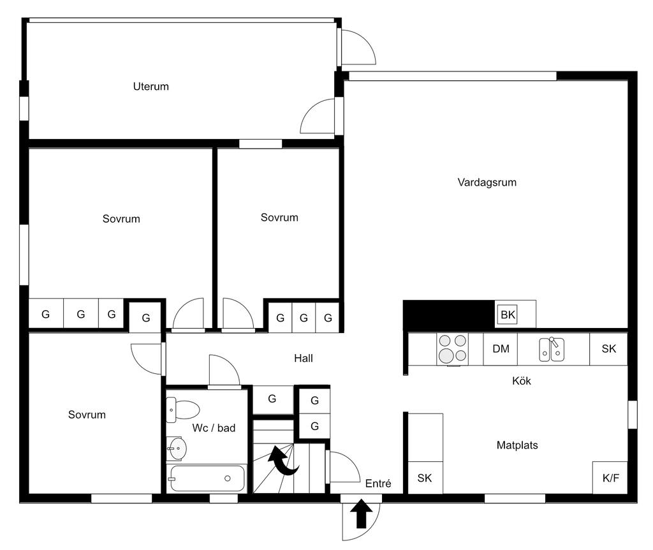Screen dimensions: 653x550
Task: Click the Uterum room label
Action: pos(150,87)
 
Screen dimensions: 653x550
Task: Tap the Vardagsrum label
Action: pos(487,182)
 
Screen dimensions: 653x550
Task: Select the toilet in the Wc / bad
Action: pos(182,410)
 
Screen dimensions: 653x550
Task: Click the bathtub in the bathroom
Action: pos(207,479)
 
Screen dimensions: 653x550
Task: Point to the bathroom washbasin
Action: pos(177,449)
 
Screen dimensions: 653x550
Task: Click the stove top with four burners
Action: pos(452,349)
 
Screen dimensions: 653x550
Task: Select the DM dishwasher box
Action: pos(501,349)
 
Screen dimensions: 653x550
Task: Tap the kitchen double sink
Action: pos(552,349)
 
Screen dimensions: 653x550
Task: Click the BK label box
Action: pos(508,315)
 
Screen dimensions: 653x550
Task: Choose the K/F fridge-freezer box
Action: pos(610,477)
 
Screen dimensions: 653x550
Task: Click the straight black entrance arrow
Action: pos(361,514)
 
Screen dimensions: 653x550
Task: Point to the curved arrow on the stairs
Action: pos(282,461)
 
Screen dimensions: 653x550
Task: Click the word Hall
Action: pos(303,359)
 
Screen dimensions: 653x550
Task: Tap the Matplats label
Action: pos(517,445)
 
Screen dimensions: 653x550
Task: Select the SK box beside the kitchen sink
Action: pos(608,349)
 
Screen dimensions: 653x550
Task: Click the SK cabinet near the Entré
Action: pos(425,478)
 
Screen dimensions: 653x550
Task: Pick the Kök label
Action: pos(522,381)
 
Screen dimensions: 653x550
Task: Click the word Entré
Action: pos(378,484)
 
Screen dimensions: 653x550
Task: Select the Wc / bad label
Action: pos(214,428)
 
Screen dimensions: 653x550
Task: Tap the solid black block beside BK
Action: pos(449,315)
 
